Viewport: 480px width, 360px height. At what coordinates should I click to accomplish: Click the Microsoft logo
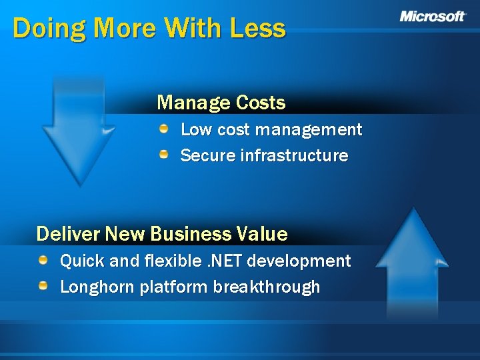pyautogui.click(x=433, y=17)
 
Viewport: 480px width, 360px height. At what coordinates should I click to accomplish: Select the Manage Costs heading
pyautogui.click(x=221, y=103)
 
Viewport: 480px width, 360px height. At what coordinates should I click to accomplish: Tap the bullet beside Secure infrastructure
pyautogui.click(x=164, y=155)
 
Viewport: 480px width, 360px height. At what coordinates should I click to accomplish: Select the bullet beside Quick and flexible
pyautogui.click(x=43, y=259)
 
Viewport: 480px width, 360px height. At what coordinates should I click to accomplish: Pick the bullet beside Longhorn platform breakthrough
pyautogui.click(x=43, y=286)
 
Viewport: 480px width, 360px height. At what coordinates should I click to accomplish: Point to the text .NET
pyautogui.click(x=228, y=261)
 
